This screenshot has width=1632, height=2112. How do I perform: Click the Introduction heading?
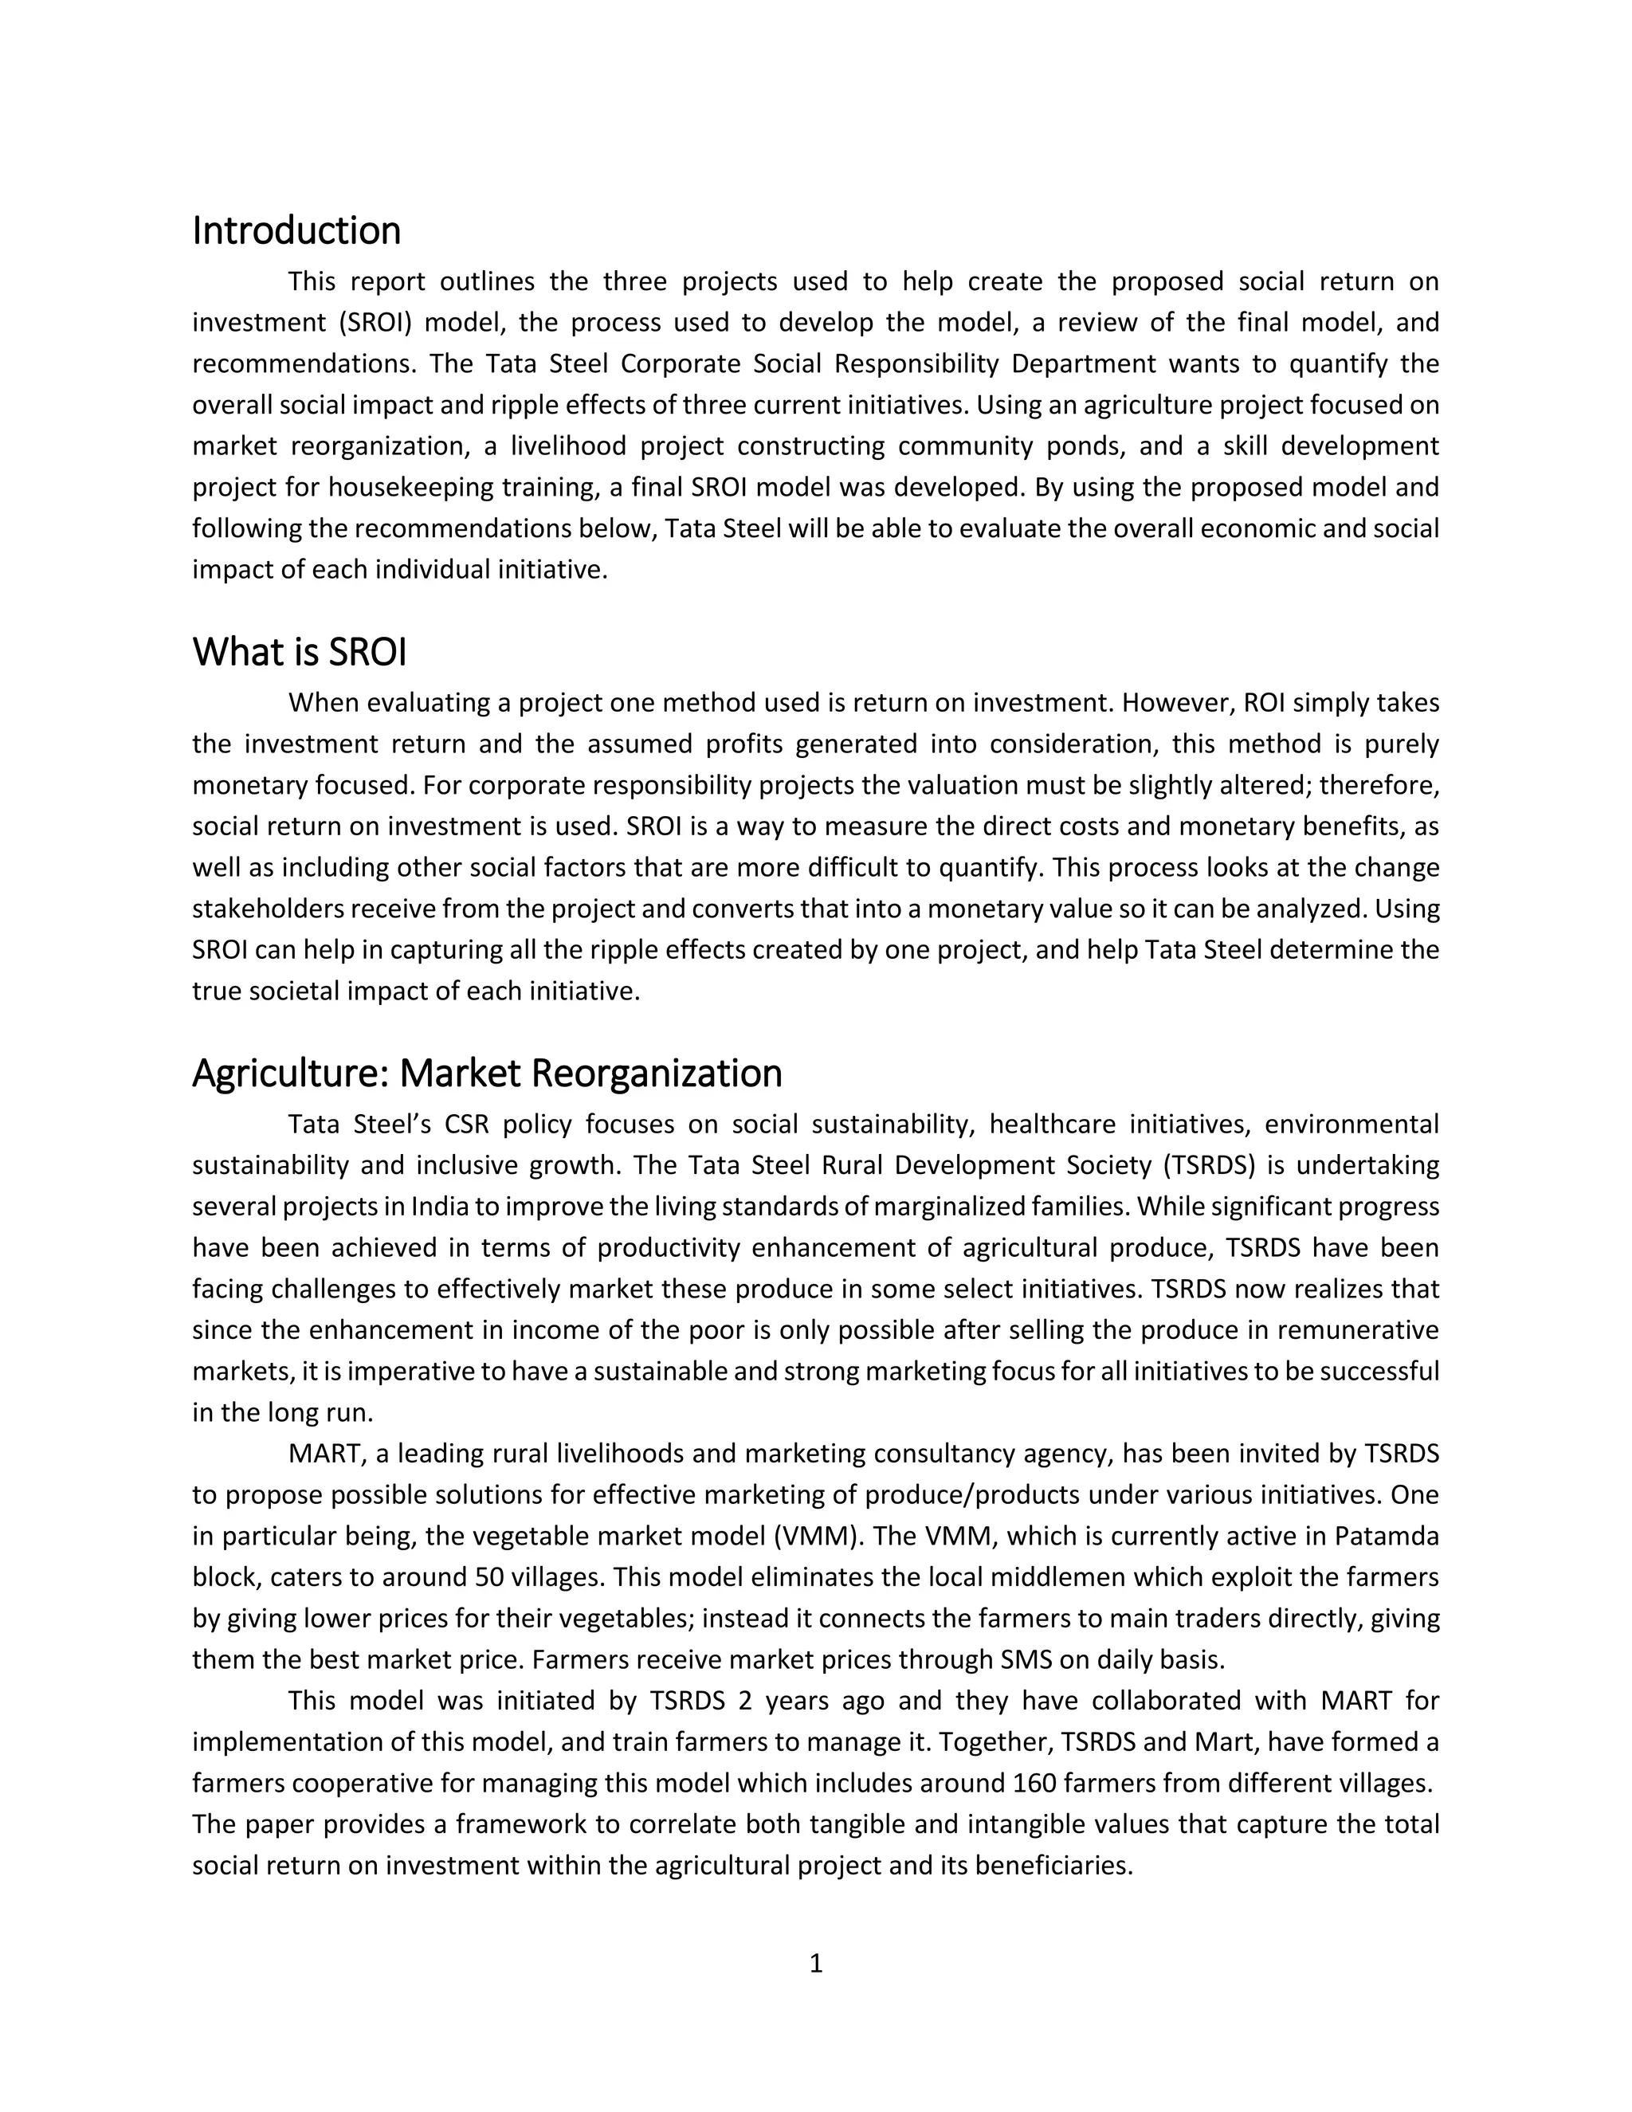coord(296,232)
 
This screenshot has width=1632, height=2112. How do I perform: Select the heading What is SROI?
coord(299,653)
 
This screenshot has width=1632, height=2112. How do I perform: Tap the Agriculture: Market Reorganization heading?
coord(486,1074)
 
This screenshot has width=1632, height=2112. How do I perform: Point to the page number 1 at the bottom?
coord(815,1963)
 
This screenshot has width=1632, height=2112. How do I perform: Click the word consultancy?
coord(941,1454)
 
